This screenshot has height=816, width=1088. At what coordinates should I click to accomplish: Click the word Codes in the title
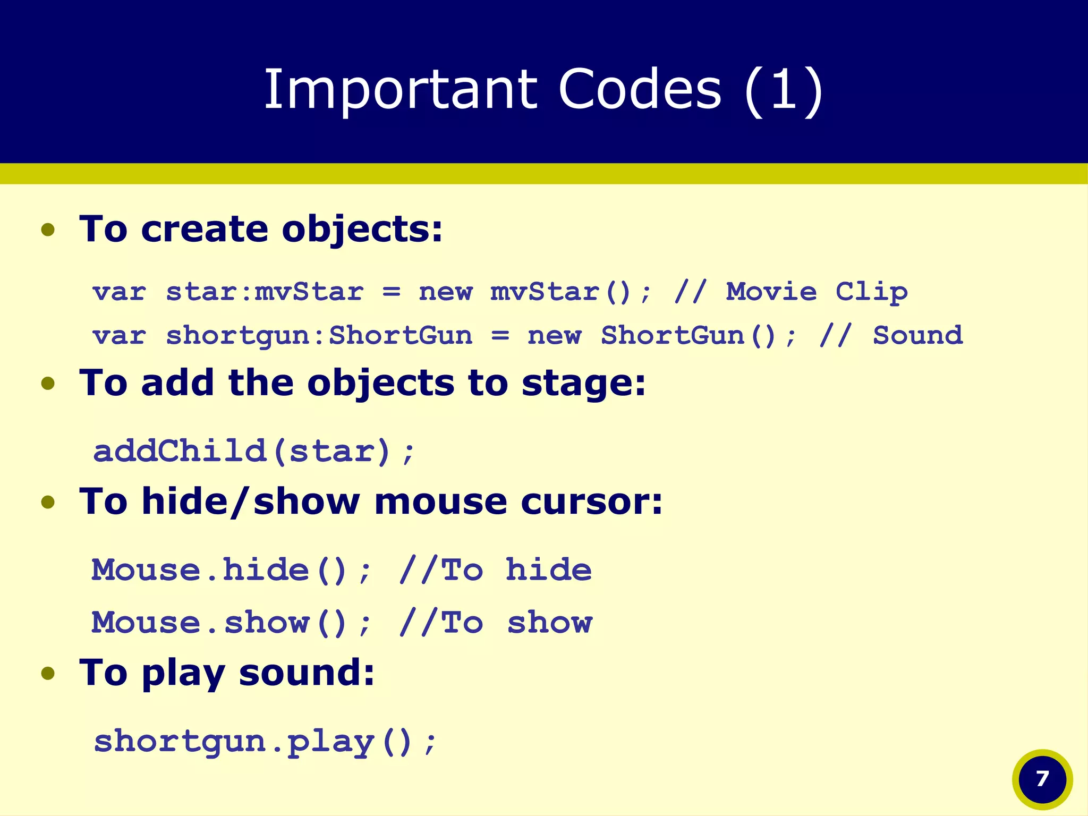tap(640, 89)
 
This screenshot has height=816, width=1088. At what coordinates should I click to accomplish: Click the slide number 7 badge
tap(1042, 779)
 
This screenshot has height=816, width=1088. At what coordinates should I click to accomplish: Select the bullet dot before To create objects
tap(48, 230)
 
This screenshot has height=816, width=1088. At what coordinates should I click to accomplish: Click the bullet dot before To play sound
tap(48, 674)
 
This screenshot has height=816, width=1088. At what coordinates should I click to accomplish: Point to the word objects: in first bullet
tap(362, 229)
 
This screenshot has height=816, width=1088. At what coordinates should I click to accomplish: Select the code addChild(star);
tap(253, 452)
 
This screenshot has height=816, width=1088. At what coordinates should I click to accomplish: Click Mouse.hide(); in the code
tap(231, 571)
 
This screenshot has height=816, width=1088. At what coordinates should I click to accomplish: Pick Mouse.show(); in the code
tap(231, 623)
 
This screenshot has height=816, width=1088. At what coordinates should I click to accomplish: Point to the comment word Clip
tap(871, 292)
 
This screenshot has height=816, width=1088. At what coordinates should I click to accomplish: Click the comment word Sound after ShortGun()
tap(917, 336)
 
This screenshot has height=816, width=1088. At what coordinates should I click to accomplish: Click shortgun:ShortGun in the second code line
tap(319, 336)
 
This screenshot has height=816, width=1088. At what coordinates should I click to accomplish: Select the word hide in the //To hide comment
tap(548, 571)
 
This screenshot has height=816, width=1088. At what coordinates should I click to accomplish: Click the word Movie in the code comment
tap(771, 292)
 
